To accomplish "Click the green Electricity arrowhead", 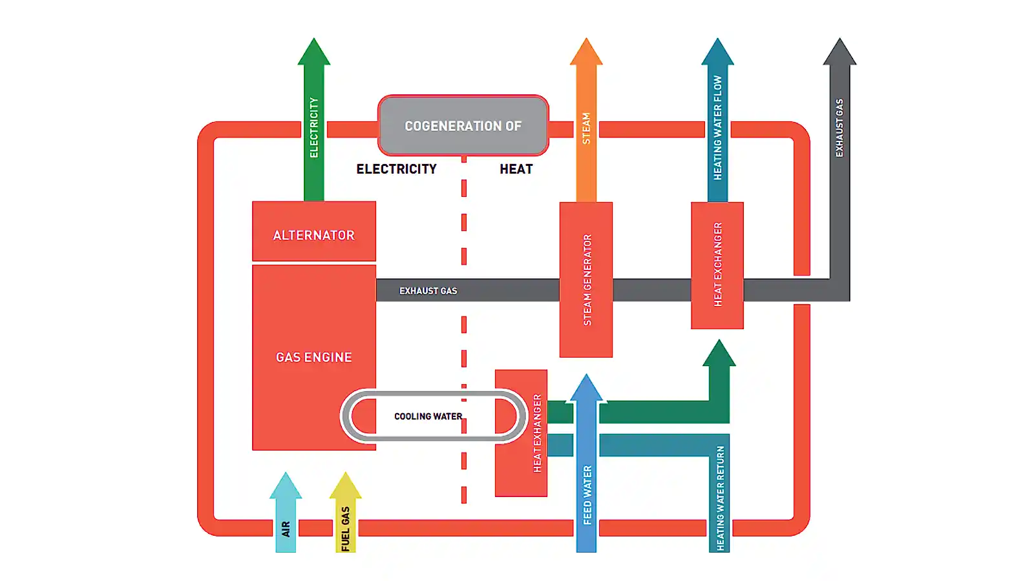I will (x=313, y=53).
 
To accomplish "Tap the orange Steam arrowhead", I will (x=586, y=53).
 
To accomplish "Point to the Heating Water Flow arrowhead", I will (x=717, y=53).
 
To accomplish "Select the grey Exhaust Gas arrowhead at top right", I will (x=839, y=53).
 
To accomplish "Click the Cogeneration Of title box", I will (x=463, y=126).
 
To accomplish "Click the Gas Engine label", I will (x=313, y=357).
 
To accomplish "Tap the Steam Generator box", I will (x=586, y=280).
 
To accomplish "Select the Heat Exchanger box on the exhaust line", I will (x=717, y=265).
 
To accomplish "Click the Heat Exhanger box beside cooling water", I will (x=521, y=433).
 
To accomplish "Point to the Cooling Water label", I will (x=428, y=416).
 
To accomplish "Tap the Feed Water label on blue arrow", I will (x=587, y=494).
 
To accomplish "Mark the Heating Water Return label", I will (x=720, y=498).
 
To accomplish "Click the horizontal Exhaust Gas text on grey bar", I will (x=428, y=291).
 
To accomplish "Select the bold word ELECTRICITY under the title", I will (x=396, y=169).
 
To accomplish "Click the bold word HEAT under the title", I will (x=516, y=169).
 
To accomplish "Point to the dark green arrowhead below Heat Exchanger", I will (x=719, y=354).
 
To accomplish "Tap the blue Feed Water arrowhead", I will (x=586, y=389).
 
